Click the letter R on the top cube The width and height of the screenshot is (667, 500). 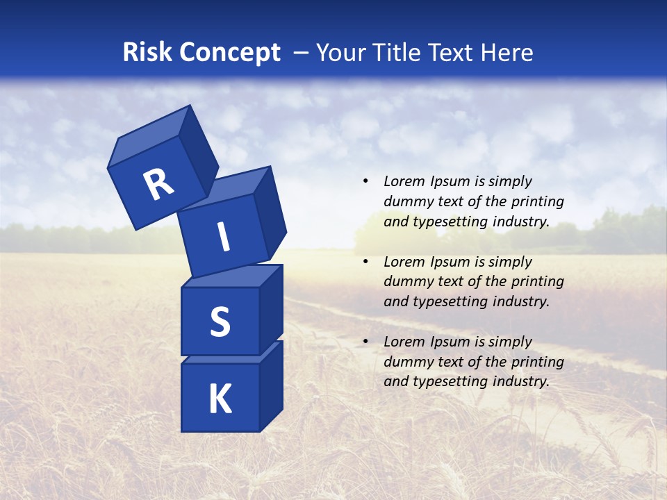tap(158, 185)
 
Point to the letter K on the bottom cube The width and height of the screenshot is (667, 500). tap(220, 399)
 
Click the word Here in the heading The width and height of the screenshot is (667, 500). tap(507, 53)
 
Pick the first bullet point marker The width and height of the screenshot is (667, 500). tap(365, 182)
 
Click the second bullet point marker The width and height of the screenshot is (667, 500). tap(365, 262)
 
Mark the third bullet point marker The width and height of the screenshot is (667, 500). tap(365, 342)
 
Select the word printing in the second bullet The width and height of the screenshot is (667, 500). tap(537, 282)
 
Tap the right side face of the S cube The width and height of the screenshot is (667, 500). tap(271, 309)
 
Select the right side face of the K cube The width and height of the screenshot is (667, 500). tap(271, 386)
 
